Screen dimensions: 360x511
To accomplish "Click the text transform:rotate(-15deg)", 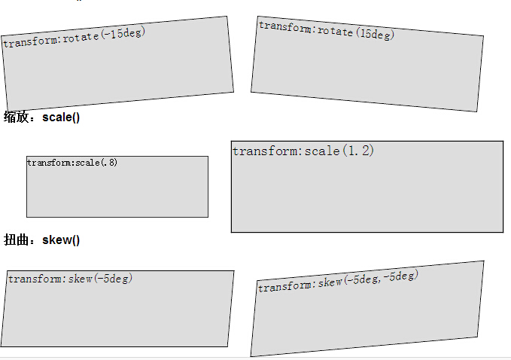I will tap(74, 38).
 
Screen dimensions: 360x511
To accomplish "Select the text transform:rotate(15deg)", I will tap(326, 30).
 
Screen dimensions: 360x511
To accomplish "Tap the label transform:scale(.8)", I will tap(72, 163).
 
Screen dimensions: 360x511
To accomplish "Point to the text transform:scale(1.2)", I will tap(303, 151).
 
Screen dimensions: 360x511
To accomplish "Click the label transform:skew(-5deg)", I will tap(70, 279).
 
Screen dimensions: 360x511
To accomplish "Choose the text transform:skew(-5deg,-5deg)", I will tap(337, 281).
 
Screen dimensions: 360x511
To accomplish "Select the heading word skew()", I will tap(61, 239).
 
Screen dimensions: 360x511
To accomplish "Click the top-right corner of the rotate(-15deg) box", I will tap(227, 17).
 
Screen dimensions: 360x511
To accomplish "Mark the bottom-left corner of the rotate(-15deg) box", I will tap(8, 110).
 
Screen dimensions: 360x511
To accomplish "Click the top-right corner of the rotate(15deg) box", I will tap(483, 35).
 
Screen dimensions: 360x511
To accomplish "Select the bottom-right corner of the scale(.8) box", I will tap(208, 217).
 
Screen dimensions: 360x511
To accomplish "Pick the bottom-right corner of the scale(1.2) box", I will tap(503, 232).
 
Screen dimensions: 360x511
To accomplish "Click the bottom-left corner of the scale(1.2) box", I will tap(231, 232).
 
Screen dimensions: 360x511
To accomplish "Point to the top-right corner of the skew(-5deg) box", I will tap(233, 271).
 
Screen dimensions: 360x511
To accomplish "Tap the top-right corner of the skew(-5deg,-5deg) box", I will tap(483, 261).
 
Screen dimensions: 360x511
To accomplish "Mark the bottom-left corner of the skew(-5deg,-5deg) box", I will tap(251, 356).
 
